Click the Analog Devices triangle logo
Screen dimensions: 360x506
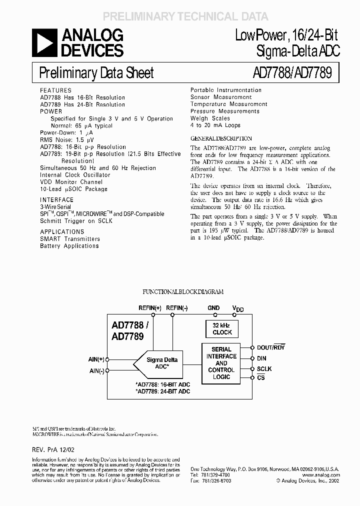pos(44,42)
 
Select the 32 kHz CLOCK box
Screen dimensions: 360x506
pos(222,328)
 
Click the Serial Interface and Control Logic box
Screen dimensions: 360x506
pos(221,363)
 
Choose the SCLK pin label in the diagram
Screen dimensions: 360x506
pos(263,368)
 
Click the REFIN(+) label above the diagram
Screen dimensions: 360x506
pos(150,308)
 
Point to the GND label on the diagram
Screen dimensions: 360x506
pos(213,308)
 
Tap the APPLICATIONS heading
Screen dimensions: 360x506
pos(62,232)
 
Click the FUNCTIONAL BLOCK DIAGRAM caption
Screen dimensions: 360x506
pos(183,291)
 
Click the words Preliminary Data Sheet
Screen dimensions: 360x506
pos(96,73)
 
